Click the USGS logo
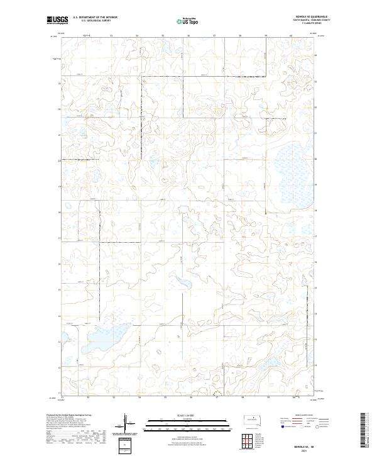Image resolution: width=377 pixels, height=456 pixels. (57, 20)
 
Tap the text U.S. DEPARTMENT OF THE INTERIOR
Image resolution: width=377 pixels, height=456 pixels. (95, 18)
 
